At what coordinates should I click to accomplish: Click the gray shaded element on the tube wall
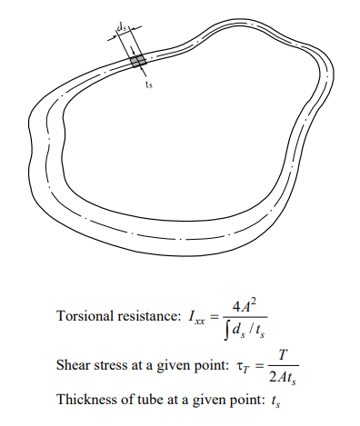tap(138, 61)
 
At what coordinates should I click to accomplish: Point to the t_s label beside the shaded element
tap(149, 83)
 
